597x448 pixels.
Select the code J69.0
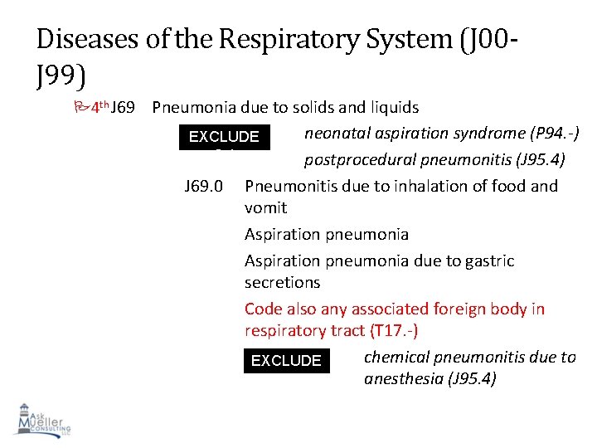202,187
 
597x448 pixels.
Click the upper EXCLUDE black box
224,137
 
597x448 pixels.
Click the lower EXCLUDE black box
286,361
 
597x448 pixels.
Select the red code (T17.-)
389,331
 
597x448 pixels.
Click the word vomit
265,208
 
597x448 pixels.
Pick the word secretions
282,283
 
